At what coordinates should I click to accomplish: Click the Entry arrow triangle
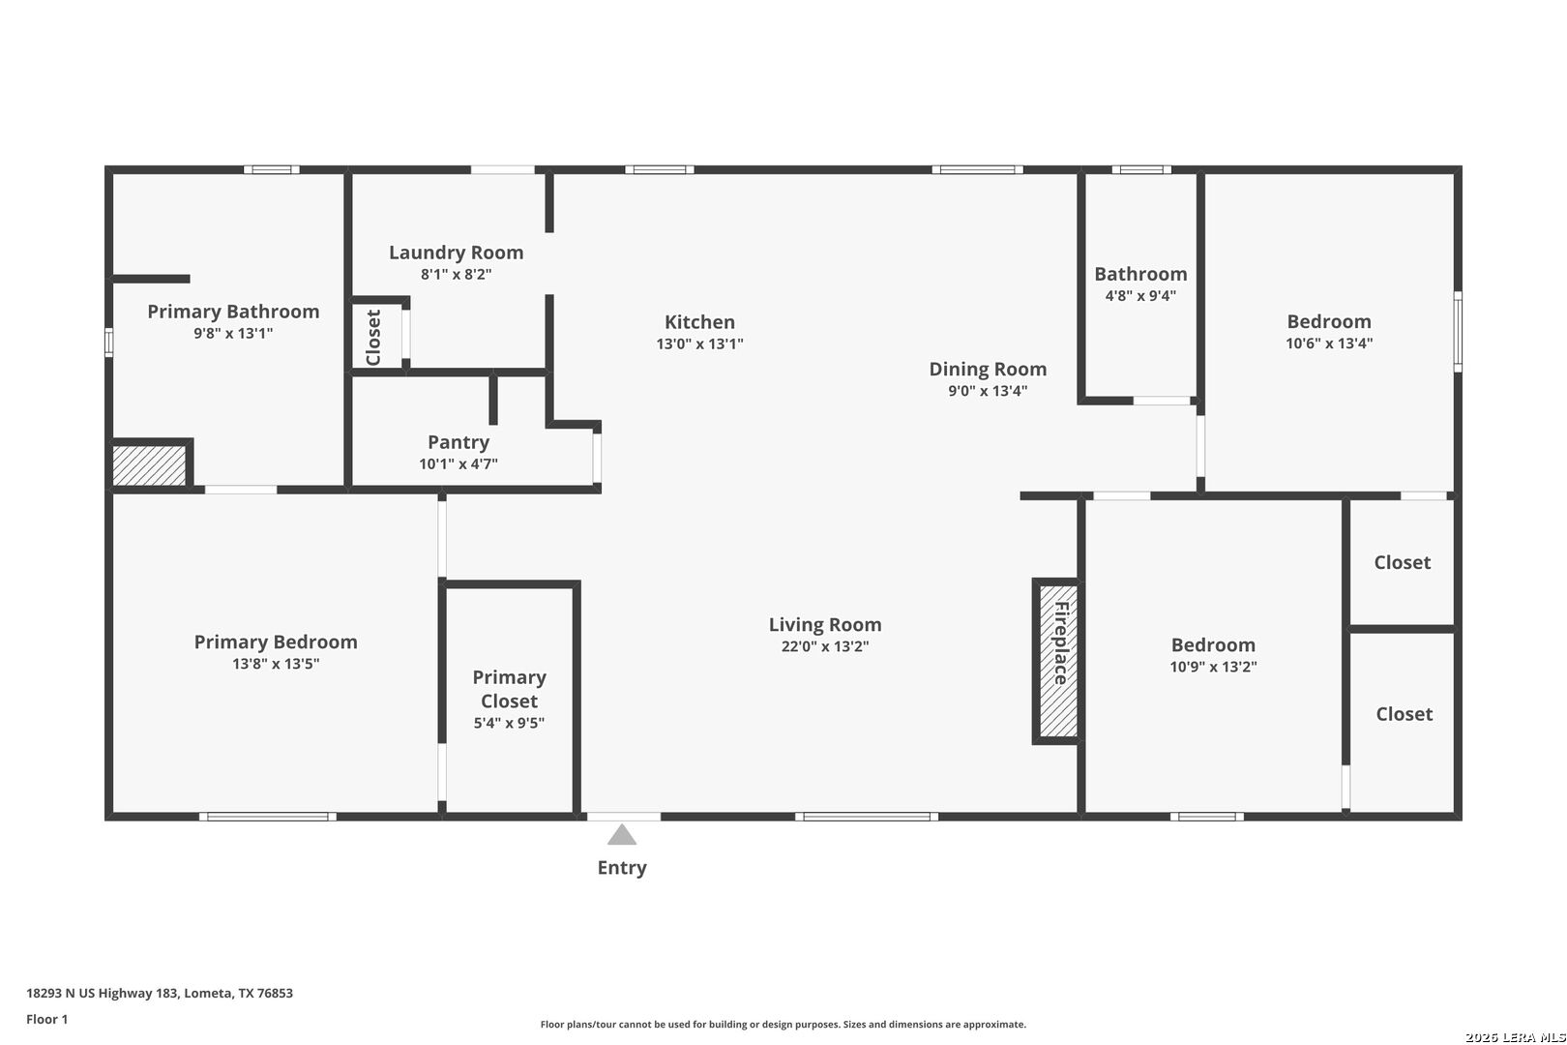(x=622, y=834)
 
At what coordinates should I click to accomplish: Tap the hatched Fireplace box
(x=1058, y=661)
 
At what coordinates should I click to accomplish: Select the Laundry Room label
(x=457, y=252)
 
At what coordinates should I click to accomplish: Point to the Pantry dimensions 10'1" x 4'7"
(x=458, y=463)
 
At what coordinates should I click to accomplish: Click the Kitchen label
(x=699, y=322)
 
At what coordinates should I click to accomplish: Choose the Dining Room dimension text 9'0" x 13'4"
(x=988, y=391)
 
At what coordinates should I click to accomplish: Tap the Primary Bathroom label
(x=233, y=312)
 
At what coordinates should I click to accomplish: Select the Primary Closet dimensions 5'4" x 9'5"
(x=509, y=723)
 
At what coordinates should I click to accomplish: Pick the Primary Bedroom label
(x=276, y=642)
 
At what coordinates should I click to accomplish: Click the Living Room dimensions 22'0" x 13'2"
(x=825, y=646)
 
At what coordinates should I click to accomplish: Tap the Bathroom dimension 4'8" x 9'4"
(x=1140, y=295)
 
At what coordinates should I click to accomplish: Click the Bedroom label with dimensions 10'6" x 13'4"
(x=1329, y=321)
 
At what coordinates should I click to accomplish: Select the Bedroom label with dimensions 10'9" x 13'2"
(x=1213, y=644)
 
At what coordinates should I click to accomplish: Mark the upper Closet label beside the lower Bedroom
(x=1402, y=562)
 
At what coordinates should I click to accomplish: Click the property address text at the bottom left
(x=160, y=993)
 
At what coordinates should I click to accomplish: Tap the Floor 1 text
(x=46, y=1019)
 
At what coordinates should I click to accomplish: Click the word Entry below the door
(x=622, y=868)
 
